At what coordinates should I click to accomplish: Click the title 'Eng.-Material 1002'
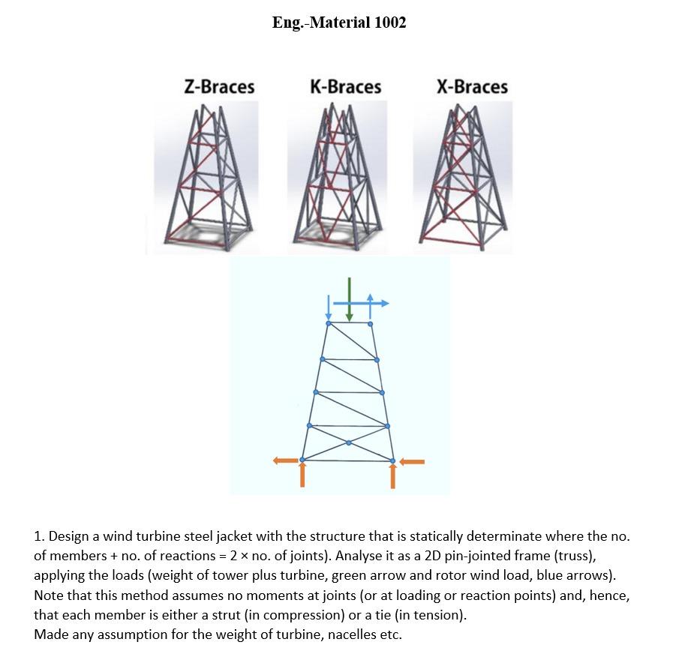point(339,22)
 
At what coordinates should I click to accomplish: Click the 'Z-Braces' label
point(219,87)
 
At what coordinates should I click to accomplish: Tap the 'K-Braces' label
point(345,87)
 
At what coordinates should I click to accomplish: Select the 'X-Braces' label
point(472,87)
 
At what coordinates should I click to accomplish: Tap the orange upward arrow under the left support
point(302,475)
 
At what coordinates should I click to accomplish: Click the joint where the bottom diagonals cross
point(348,442)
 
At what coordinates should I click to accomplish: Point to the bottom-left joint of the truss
point(302,460)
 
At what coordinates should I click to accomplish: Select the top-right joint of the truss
point(371,323)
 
